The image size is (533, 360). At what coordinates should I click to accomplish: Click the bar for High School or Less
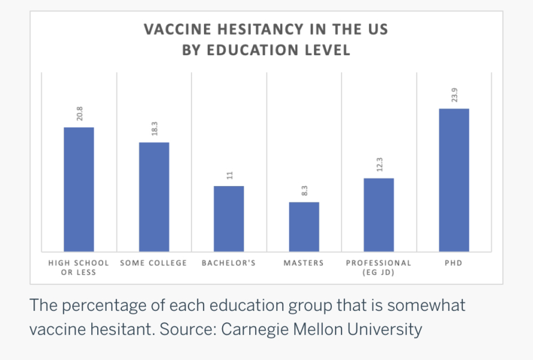point(79,189)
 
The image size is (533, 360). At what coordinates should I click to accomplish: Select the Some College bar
point(154,197)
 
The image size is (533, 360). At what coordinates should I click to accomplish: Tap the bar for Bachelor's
point(229,218)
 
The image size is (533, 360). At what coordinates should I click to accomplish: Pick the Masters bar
point(304,227)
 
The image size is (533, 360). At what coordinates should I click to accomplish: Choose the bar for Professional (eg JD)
point(379,215)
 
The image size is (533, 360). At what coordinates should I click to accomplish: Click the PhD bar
point(454,180)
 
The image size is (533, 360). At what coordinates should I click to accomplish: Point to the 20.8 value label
point(79,114)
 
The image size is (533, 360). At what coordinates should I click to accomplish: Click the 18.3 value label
point(154,129)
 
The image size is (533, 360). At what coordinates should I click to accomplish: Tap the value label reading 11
point(229,175)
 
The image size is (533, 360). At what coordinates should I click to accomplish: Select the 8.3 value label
point(304,191)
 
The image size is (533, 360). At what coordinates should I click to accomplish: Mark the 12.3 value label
point(379,164)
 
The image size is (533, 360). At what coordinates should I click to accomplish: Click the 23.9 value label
point(454,95)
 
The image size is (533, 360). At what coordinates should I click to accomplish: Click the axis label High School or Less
point(79,268)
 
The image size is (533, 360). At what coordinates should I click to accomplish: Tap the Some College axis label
point(154,263)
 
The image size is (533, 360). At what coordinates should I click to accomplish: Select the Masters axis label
point(304,263)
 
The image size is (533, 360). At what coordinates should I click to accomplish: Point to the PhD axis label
point(454,263)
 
